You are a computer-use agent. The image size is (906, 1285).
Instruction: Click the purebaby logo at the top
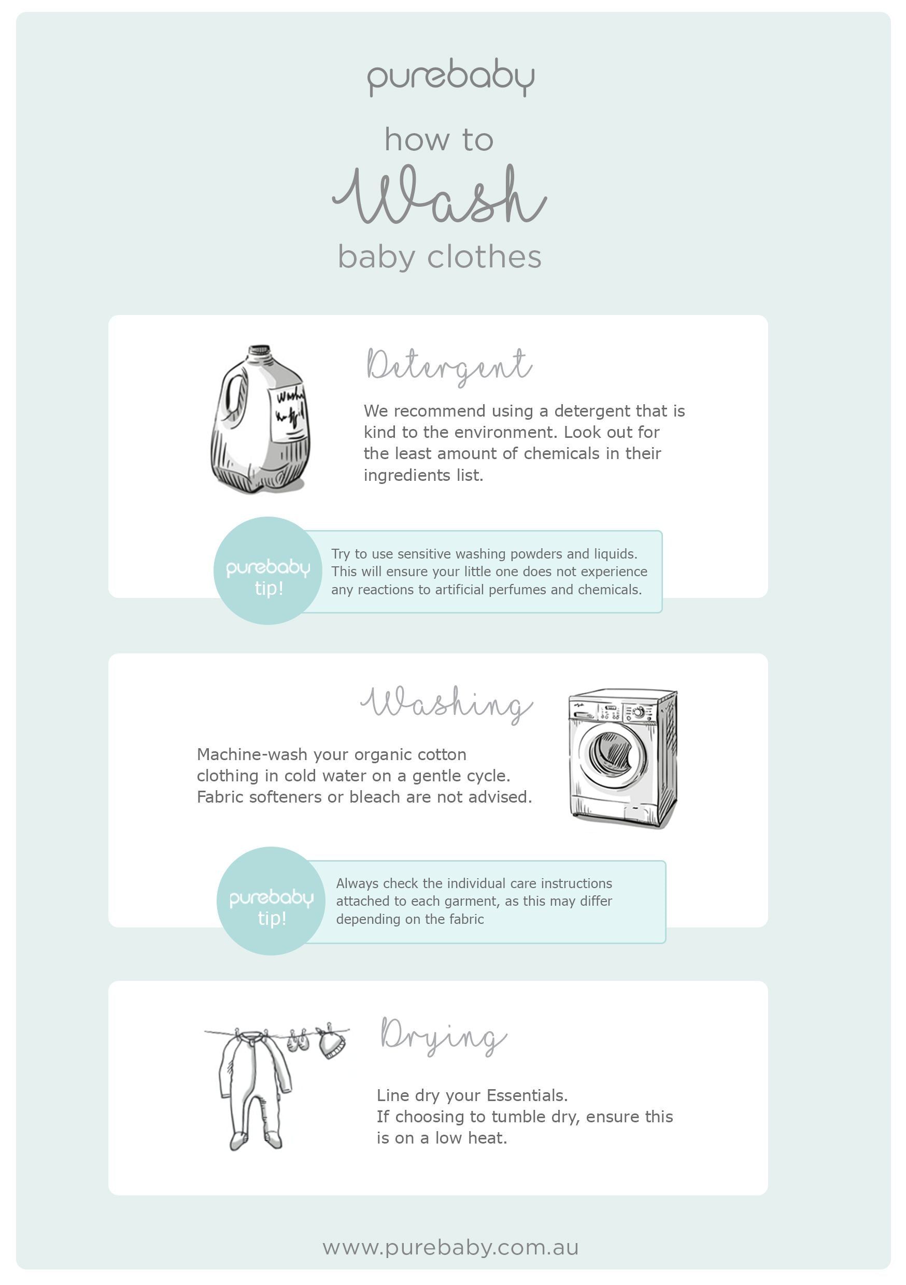pos(451,79)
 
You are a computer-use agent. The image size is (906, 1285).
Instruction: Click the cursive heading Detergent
pos(449,366)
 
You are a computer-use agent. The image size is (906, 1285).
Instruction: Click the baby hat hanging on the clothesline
pos(332,1043)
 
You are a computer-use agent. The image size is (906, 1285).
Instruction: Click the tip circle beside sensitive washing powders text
pos(267,571)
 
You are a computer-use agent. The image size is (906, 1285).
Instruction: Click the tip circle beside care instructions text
pos(271,901)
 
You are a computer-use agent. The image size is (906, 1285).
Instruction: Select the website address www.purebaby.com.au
pos(451,1248)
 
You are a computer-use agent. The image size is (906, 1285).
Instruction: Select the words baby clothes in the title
pos(440,258)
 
